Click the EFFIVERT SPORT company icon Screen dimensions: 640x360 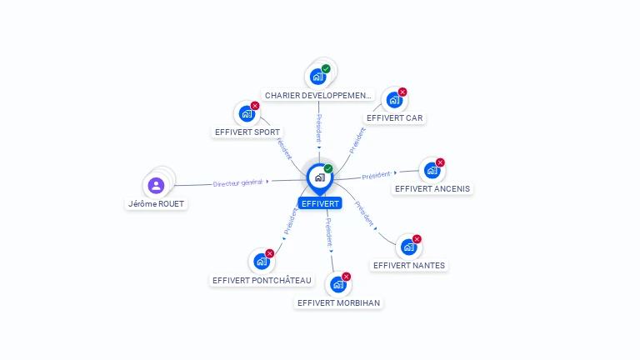[x=247, y=114]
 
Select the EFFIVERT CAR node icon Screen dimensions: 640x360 [x=394, y=100]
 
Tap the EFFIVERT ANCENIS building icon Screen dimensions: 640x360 [x=432, y=171]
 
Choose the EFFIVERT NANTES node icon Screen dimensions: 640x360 [x=408, y=247]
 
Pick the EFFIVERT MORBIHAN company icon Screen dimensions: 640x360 [x=338, y=284]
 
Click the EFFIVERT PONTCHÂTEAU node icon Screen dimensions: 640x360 [x=262, y=262]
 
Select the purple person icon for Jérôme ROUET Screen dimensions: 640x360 [x=156, y=185]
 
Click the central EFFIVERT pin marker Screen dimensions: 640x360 [x=320, y=179]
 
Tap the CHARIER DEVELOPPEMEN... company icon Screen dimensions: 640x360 [x=318, y=77]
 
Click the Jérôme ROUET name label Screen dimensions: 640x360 [x=157, y=203]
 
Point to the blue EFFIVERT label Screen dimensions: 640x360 [x=320, y=203]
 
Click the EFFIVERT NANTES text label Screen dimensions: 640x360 [x=409, y=265]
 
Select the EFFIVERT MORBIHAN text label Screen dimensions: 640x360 [x=338, y=302]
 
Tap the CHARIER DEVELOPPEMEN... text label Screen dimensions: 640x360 [x=318, y=96]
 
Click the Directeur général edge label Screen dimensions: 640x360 [x=237, y=182]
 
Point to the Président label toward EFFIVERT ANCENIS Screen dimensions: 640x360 [x=377, y=175]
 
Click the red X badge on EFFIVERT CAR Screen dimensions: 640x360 [x=402, y=92]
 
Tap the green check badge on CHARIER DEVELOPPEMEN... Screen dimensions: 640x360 [x=326, y=68]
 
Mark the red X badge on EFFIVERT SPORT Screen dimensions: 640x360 [x=255, y=106]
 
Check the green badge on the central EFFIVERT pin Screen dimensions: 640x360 [x=328, y=168]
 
